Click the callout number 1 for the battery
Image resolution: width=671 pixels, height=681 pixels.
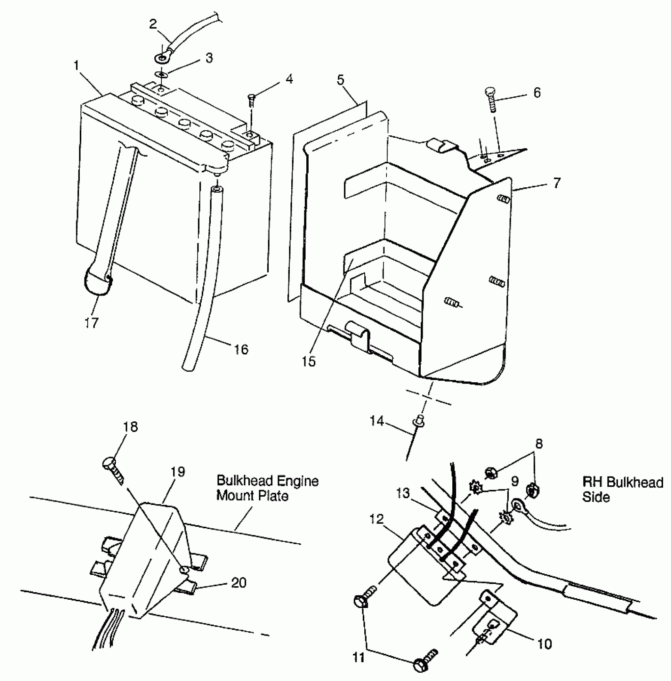click(76, 65)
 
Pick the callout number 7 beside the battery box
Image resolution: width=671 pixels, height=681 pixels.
click(557, 183)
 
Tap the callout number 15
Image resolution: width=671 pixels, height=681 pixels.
click(309, 361)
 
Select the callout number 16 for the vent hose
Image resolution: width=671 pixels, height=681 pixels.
click(241, 349)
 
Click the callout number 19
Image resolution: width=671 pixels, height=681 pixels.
click(178, 471)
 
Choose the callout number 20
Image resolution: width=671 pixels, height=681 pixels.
click(239, 582)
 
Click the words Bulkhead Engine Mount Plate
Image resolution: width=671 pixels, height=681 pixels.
click(268, 488)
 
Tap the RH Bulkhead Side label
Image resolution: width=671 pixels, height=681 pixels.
click(622, 489)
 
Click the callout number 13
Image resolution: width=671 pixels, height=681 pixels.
click(403, 493)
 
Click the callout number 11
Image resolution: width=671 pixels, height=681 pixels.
click(358, 658)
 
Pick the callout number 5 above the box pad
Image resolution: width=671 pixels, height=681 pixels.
click(341, 80)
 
